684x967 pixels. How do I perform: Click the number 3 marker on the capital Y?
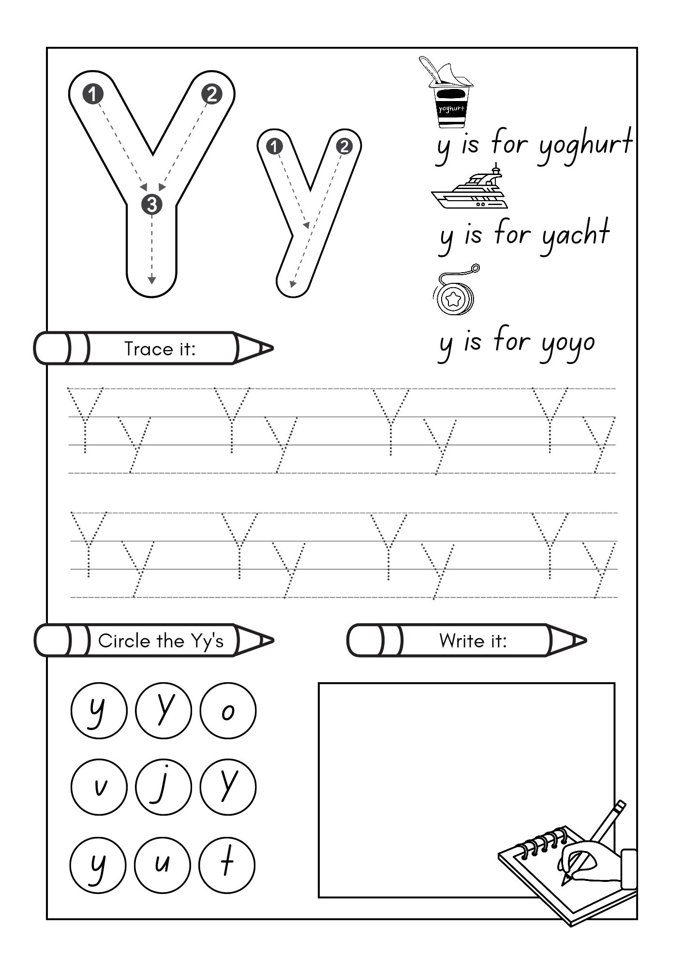(x=152, y=205)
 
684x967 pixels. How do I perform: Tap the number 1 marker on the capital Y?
(x=93, y=94)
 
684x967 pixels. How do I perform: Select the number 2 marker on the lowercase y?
(x=344, y=146)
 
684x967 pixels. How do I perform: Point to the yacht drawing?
(x=469, y=190)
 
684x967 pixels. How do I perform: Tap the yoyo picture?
(x=455, y=293)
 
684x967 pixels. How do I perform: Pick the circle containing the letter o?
(x=228, y=710)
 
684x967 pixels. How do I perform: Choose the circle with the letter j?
(x=164, y=787)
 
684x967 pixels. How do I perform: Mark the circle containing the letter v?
(x=99, y=787)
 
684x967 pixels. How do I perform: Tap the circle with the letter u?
(x=163, y=864)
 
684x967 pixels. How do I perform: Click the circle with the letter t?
(x=227, y=864)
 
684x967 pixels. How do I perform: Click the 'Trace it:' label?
(x=160, y=349)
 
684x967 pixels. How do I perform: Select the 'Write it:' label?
(x=473, y=641)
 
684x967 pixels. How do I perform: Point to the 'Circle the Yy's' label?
(x=161, y=641)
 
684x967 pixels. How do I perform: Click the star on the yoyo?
(x=454, y=299)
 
